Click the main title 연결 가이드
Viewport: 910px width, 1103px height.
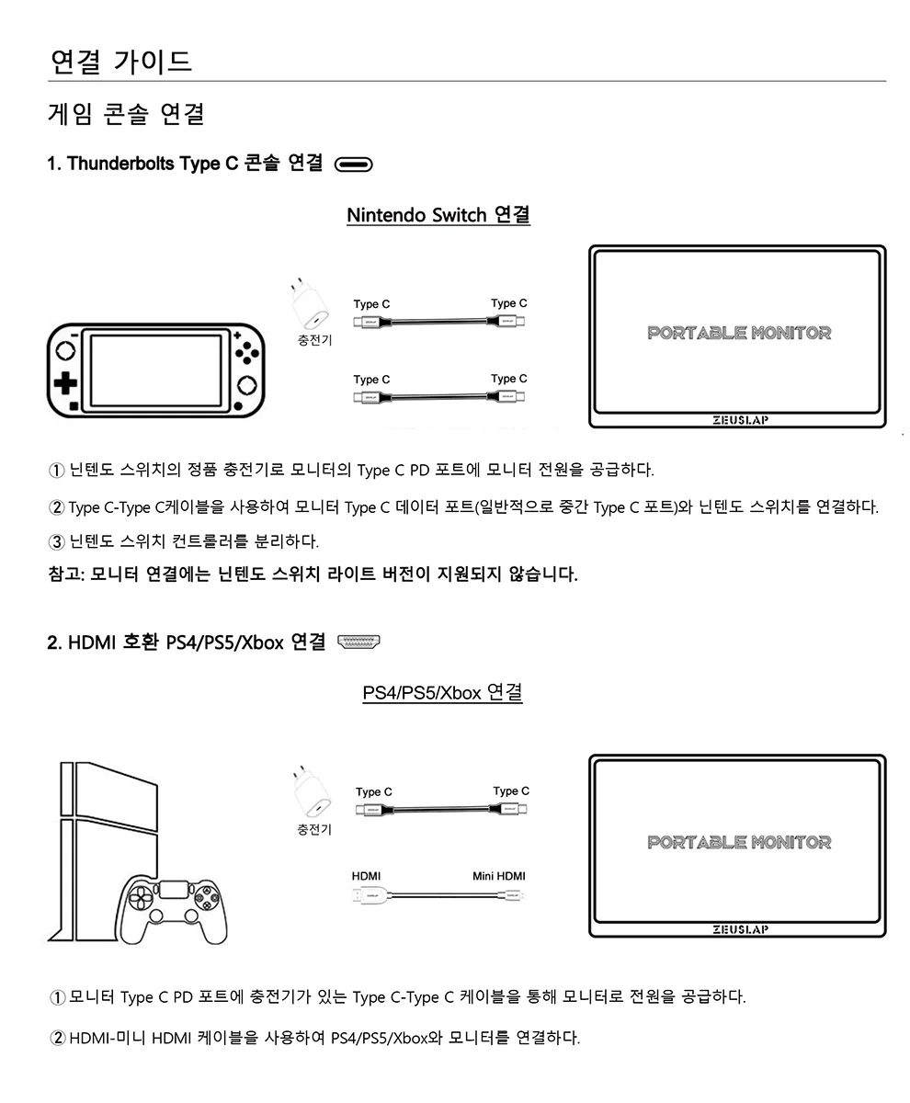120,62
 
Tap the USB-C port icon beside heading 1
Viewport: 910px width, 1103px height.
354,165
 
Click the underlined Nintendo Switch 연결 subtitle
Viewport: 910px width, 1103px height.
438,215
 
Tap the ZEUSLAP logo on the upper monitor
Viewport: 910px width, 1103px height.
739,421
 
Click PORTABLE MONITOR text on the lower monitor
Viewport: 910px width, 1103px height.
739,842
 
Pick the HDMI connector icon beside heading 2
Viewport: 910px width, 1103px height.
359,642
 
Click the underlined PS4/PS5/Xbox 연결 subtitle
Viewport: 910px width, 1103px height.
443,691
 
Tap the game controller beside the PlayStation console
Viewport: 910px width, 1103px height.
174,908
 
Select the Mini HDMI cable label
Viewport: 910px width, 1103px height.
498,876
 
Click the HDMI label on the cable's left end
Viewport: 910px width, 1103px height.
366,876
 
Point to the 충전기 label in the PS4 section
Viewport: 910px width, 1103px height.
314,829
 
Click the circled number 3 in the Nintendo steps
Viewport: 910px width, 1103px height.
56,540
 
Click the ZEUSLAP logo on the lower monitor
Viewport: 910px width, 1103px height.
739,929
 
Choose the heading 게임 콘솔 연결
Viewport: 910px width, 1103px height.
126,114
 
